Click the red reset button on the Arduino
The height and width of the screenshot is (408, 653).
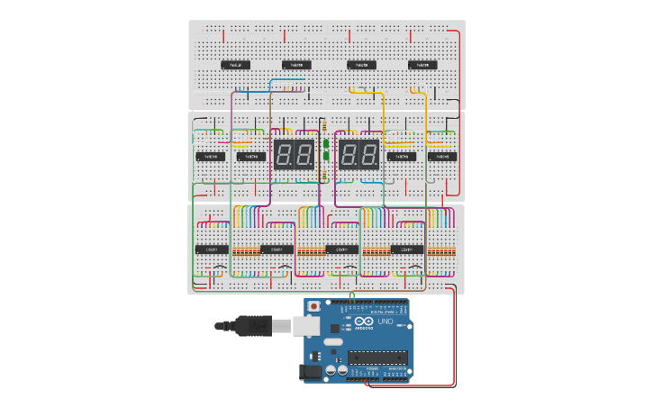point(313,306)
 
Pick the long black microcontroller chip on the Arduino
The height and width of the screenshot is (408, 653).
point(377,357)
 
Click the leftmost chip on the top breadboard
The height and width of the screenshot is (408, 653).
point(236,65)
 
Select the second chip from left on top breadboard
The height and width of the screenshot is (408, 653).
point(296,65)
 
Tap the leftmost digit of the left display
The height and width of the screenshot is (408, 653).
point(282,155)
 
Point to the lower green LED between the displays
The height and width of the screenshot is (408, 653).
point(325,156)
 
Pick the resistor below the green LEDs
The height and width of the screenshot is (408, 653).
point(325,173)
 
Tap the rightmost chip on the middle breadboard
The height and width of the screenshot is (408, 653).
point(441,156)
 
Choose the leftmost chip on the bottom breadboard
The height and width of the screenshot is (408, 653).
point(212,249)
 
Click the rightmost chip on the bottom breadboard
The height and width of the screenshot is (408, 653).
point(406,249)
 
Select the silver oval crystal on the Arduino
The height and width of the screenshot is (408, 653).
point(332,342)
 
